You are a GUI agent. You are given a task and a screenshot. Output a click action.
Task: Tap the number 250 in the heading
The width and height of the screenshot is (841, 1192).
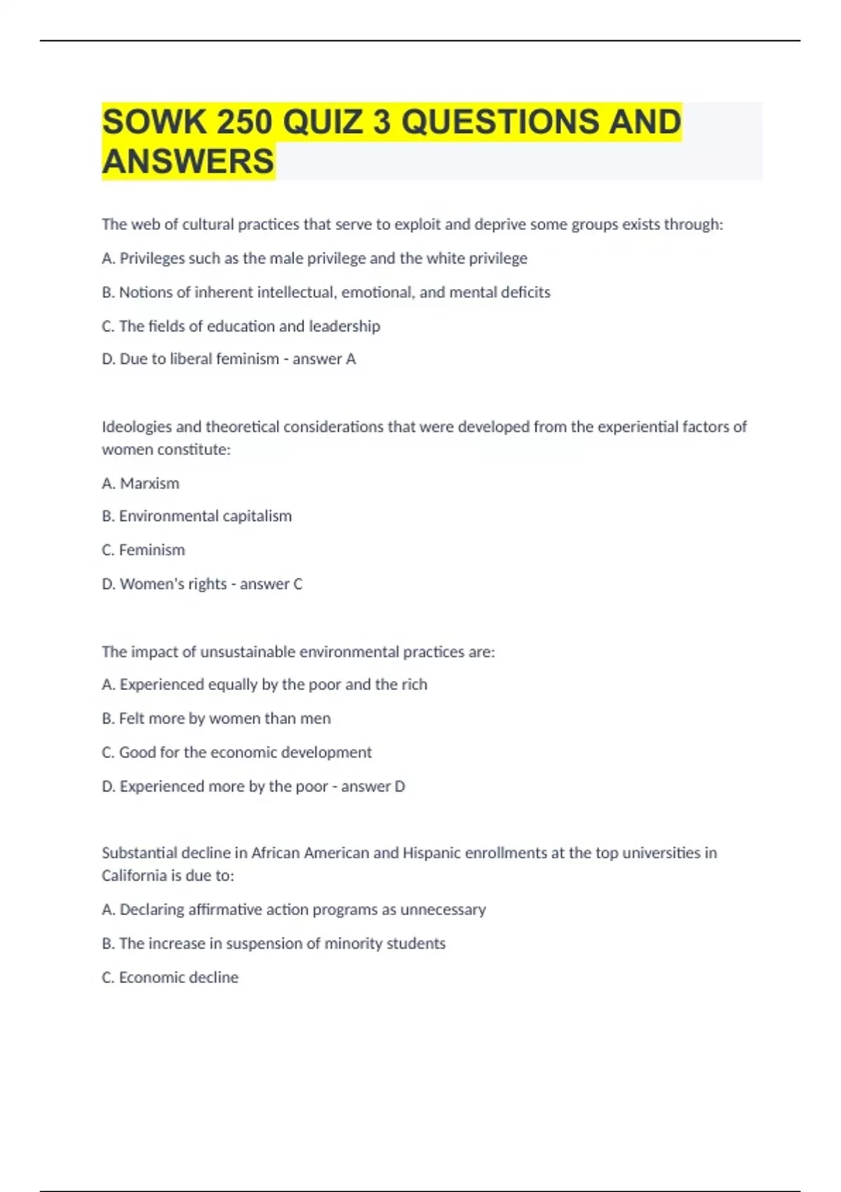point(244,122)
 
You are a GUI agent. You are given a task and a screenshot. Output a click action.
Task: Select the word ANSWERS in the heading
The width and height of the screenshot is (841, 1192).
point(188,161)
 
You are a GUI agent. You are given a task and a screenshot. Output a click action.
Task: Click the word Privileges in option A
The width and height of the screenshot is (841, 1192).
point(151,259)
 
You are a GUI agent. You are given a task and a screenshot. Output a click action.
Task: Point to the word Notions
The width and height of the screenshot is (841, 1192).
point(145,292)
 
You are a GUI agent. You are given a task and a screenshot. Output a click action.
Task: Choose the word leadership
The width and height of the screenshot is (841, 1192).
point(345,327)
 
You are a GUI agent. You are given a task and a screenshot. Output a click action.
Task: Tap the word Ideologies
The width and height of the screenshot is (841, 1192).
point(136,427)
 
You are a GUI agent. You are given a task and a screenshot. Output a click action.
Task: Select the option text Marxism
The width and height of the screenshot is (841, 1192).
point(149,484)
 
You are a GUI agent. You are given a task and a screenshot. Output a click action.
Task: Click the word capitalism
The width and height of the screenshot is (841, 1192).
point(257,516)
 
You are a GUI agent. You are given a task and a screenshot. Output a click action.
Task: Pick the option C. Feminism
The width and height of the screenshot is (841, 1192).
point(143,550)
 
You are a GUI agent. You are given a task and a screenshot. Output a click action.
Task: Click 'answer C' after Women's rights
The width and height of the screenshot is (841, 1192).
point(271,584)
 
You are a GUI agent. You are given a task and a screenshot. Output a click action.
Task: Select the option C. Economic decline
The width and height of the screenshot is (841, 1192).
point(170,977)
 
